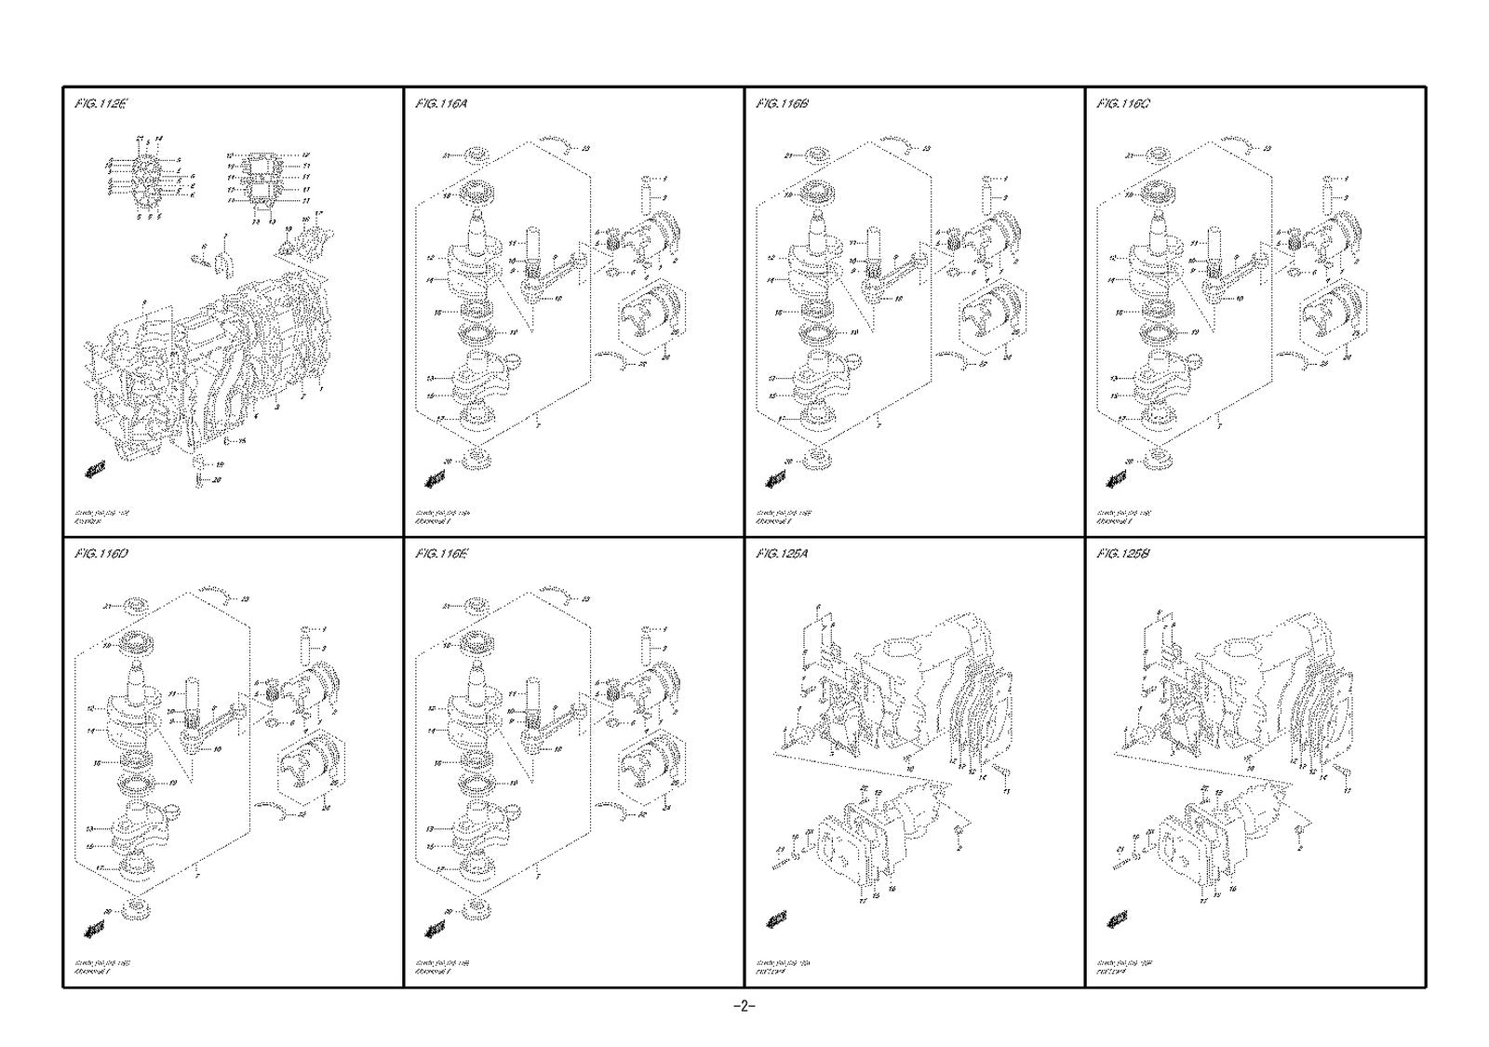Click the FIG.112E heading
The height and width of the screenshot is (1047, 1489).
pos(99,104)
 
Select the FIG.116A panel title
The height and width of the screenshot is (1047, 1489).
pos(441,104)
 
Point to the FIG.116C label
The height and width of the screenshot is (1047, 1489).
pos(1123,104)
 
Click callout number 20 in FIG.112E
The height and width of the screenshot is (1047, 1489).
pos(217,480)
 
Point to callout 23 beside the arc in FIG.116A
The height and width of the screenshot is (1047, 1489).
pos(585,148)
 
